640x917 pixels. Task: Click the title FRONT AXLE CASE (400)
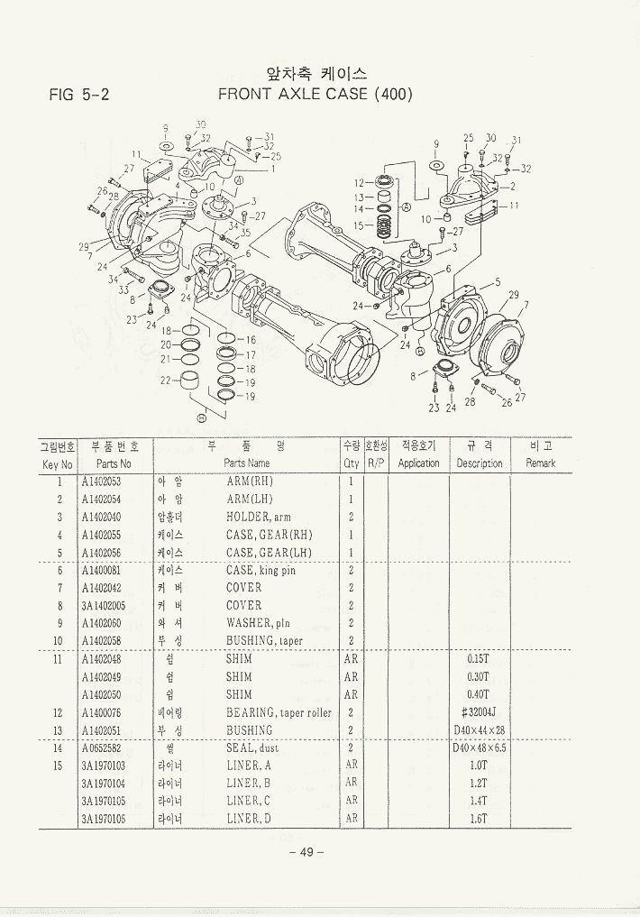coord(315,93)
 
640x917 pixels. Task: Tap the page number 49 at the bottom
coord(306,853)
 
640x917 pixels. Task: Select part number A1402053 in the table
coord(101,481)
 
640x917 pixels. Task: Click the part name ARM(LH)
coord(249,500)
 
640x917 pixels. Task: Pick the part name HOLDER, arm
coord(258,518)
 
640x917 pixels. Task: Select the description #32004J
coord(480,712)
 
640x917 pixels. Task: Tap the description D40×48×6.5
coord(480,747)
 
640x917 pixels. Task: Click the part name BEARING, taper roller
coord(279,712)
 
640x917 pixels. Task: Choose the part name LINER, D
coord(249,819)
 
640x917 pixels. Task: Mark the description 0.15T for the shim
coord(480,659)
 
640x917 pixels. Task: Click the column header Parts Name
coord(247,463)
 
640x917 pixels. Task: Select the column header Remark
coord(541,463)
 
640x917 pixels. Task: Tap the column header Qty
coord(351,463)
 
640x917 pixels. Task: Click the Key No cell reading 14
coord(58,747)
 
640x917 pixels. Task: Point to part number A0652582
coord(101,747)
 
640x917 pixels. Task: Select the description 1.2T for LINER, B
coord(480,783)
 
